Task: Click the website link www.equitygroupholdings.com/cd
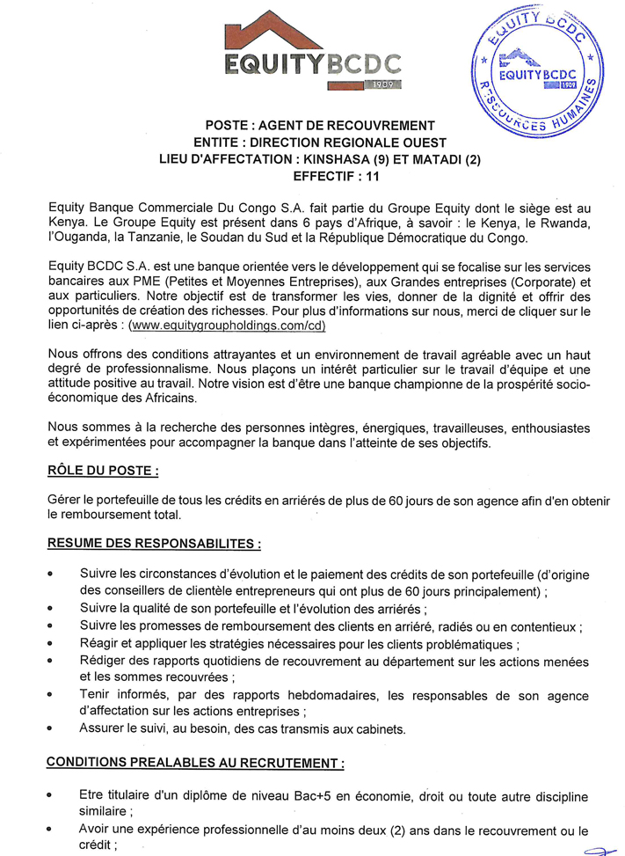[228, 325]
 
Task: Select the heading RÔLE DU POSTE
[103, 471]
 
